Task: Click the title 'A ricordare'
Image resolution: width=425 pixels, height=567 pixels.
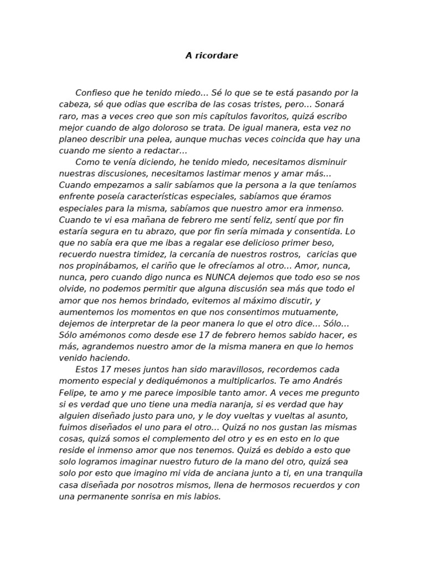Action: [x=212, y=55]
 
